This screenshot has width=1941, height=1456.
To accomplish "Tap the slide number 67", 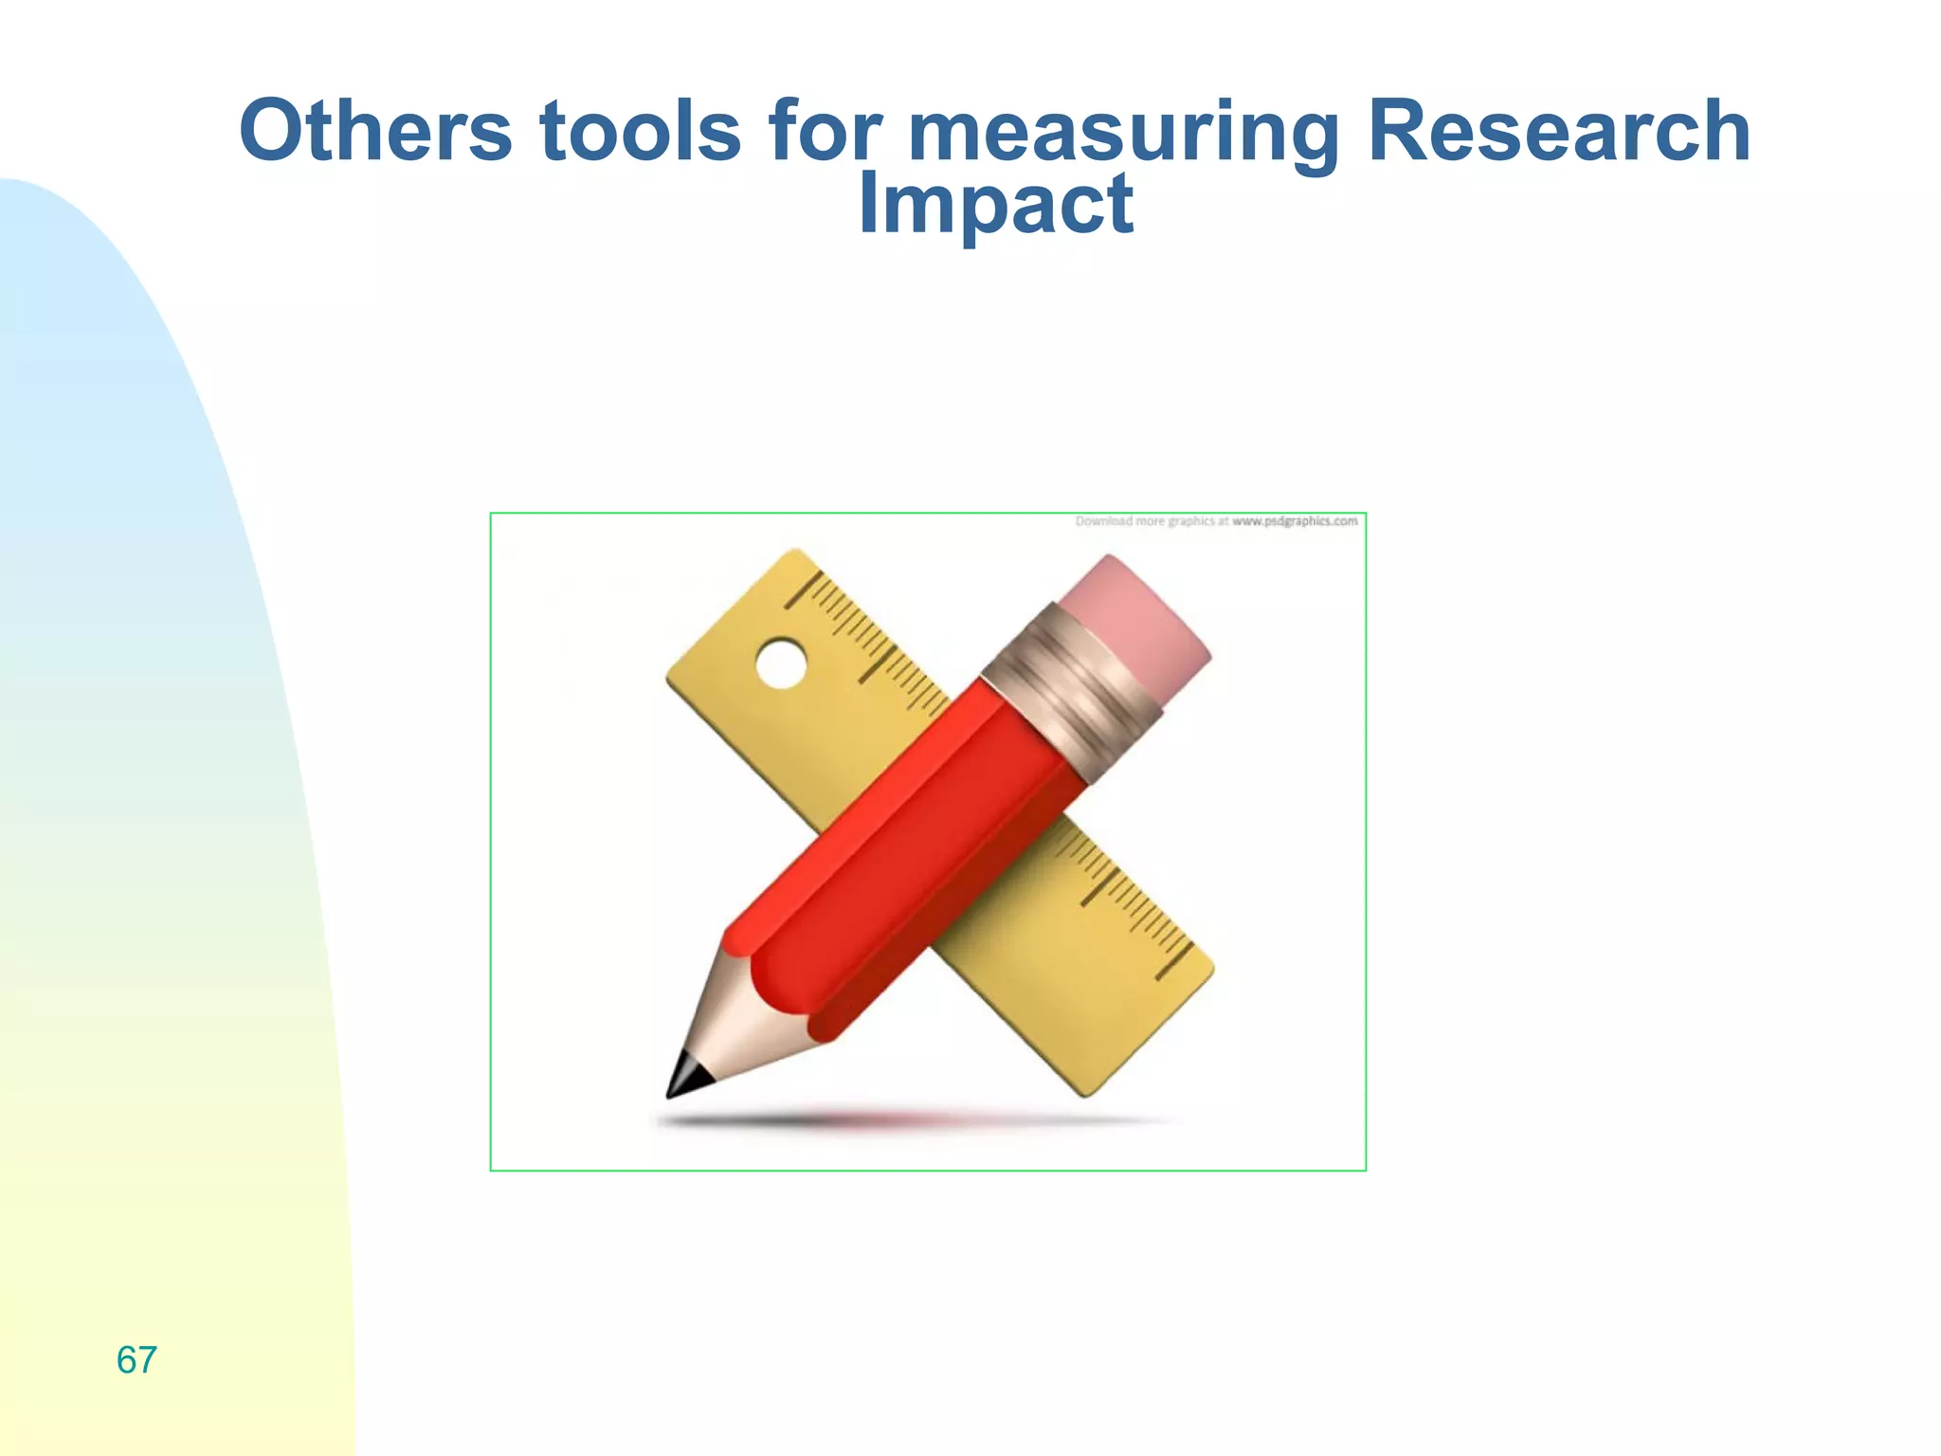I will click(x=136, y=1360).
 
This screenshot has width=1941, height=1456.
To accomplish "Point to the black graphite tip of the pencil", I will click(x=684, y=1077).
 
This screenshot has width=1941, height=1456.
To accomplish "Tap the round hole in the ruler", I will click(x=781, y=664).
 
